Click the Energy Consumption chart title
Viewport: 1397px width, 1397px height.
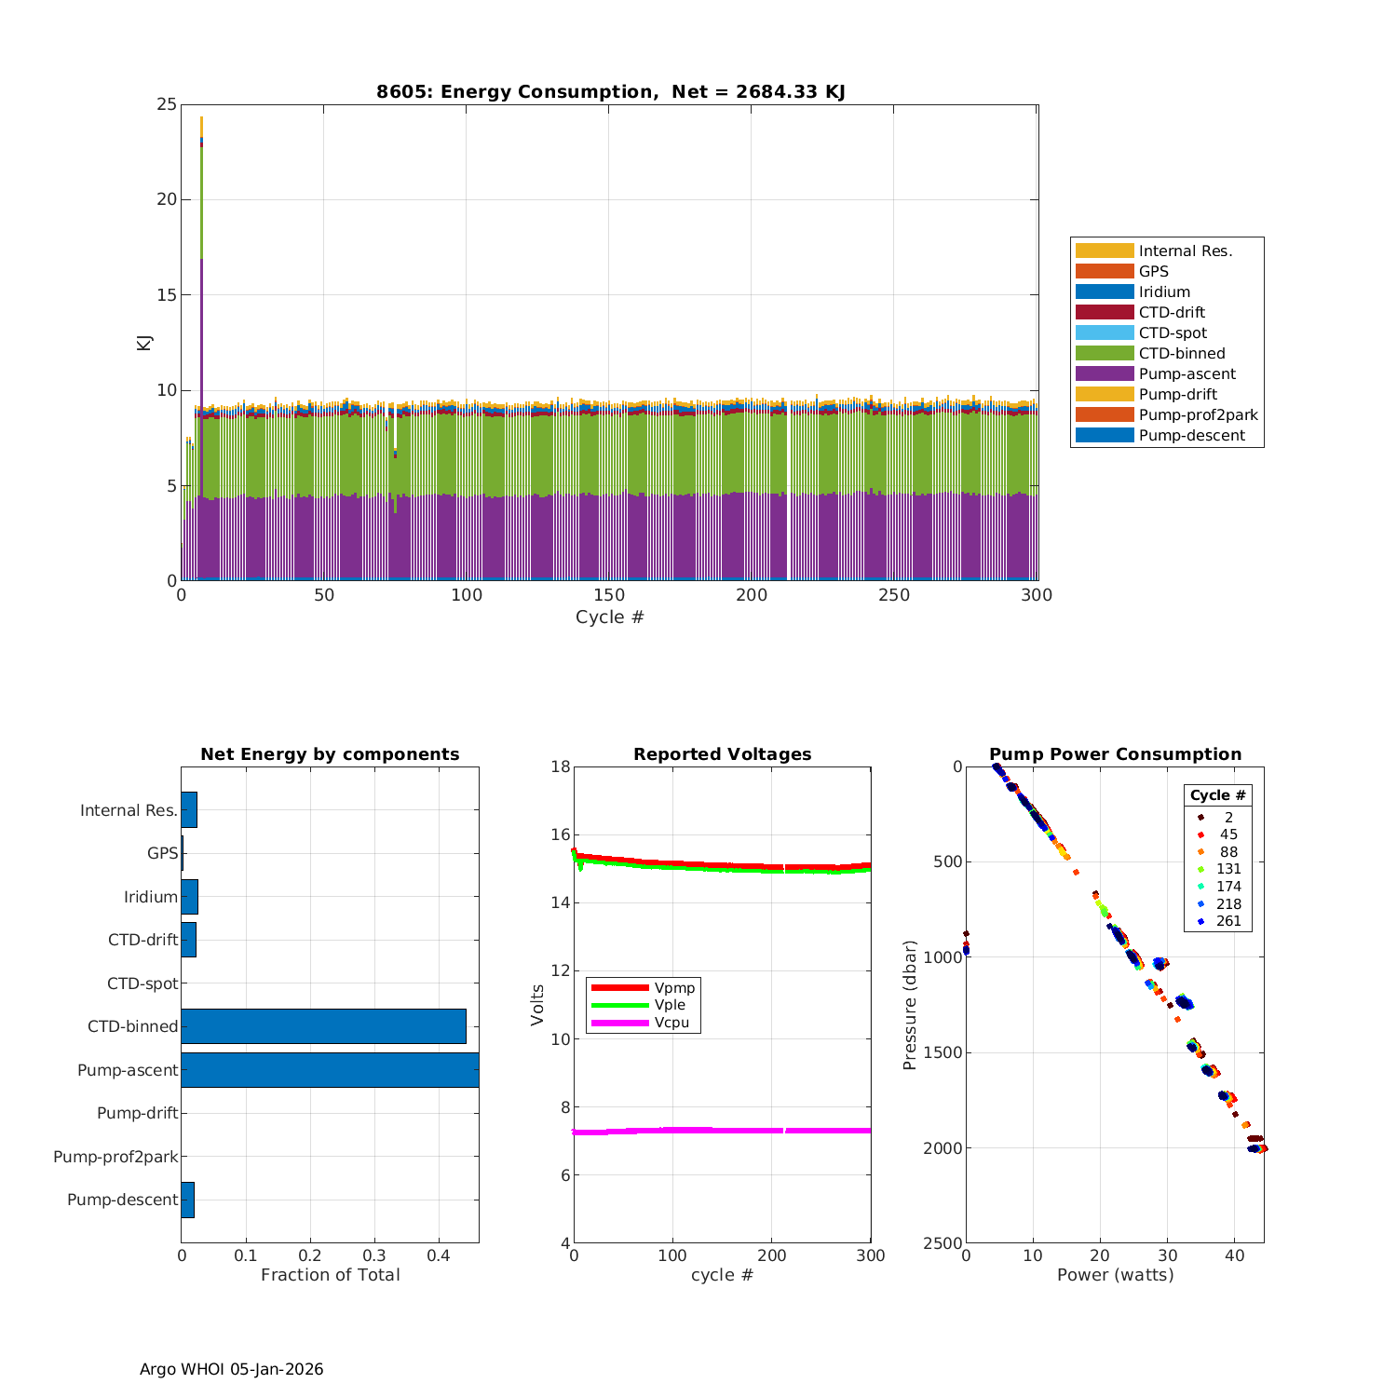pos(610,91)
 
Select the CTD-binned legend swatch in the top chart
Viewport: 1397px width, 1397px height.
pos(1105,353)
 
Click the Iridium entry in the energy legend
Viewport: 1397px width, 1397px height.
pos(1164,292)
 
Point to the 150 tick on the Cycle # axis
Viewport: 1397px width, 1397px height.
pos(609,595)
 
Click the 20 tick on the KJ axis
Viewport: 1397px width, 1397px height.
pos(167,199)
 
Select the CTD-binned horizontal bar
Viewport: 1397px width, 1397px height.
pos(323,1025)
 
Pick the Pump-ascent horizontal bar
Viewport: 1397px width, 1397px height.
pos(330,1069)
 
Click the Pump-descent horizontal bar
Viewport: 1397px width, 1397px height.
pos(187,1200)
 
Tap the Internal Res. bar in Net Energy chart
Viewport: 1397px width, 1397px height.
pos(189,809)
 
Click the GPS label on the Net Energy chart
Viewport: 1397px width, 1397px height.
pos(162,853)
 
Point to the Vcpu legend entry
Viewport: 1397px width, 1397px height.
pos(671,1023)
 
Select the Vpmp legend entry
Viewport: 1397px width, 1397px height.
pos(673,987)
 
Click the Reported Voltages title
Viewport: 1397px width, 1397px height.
pos(722,754)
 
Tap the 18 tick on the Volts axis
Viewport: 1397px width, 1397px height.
pos(560,766)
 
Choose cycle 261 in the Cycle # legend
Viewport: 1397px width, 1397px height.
pos(1227,921)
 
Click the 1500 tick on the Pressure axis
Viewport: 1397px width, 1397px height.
pos(944,1052)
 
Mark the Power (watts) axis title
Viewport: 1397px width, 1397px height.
pos(1115,1274)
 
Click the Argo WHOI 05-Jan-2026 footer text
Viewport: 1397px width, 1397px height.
pos(231,1369)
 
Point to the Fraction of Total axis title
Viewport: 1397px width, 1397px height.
pos(330,1274)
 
